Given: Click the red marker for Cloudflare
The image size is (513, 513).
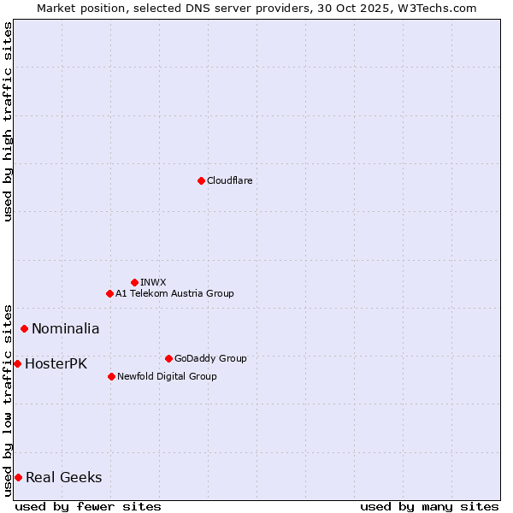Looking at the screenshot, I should tap(201, 180).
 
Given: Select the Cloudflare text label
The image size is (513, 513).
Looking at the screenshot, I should tap(229, 180).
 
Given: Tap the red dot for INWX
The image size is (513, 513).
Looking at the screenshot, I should tap(134, 282).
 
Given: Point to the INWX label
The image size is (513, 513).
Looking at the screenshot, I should tap(153, 282).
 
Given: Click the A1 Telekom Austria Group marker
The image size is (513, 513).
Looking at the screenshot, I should tap(109, 293).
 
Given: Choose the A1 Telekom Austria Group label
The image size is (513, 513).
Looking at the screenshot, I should tap(174, 293).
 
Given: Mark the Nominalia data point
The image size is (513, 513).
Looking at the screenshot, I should tap(25, 328).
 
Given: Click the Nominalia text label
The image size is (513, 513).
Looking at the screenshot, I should tap(65, 328).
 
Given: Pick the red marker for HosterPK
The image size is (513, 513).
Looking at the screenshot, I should tap(17, 363).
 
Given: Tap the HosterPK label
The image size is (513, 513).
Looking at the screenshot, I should tap(56, 363).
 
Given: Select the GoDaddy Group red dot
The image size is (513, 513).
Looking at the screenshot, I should tap(168, 358).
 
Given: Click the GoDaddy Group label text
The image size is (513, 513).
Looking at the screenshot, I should tap(209, 358).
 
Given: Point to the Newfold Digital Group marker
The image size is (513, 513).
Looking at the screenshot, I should tap(111, 376).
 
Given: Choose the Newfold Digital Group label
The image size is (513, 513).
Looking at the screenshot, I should tap(167, 376).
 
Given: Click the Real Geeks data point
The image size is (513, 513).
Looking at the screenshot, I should tap(18, 477).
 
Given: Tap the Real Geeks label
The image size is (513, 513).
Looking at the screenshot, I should tap(63, 477).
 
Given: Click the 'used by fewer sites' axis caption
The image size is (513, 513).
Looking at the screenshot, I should tap(88, 506).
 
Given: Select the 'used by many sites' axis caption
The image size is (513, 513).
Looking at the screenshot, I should tap(429, 506).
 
